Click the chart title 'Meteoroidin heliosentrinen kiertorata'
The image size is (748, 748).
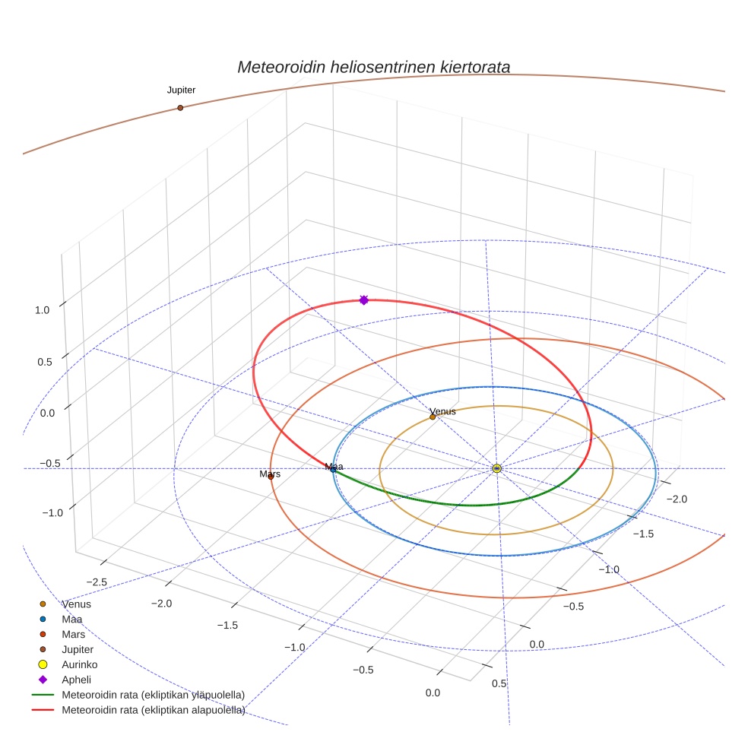pyautogui.click(x=373, y=67)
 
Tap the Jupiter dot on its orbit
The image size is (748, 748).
pyautogui.click(x=180, y=108)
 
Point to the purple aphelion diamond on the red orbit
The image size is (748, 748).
pyautogui.click(x=363, y=300)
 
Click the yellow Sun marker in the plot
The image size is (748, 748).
pyautogui.click(x=496, y=468)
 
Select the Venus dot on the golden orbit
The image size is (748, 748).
pyautogui.click(x=433, y=417)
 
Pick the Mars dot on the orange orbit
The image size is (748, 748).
pyautogui.click(x=271, y=477)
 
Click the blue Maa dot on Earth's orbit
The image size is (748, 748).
pyautogui.click(x=333, y=469)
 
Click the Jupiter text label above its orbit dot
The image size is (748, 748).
pyautogui.click(x=181, y=90)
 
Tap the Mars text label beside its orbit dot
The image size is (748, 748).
pyautogui.click(x=270, y=474)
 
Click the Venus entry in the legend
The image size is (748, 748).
pyautogui.click(x=76, y=604)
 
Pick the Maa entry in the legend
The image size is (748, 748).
pyautogui.click(x=72, y=619)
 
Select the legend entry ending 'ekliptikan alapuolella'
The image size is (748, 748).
pyautogui.click(x=153, y=710)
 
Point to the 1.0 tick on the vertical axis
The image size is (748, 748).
pyautogui.click(x=42, y=310)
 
